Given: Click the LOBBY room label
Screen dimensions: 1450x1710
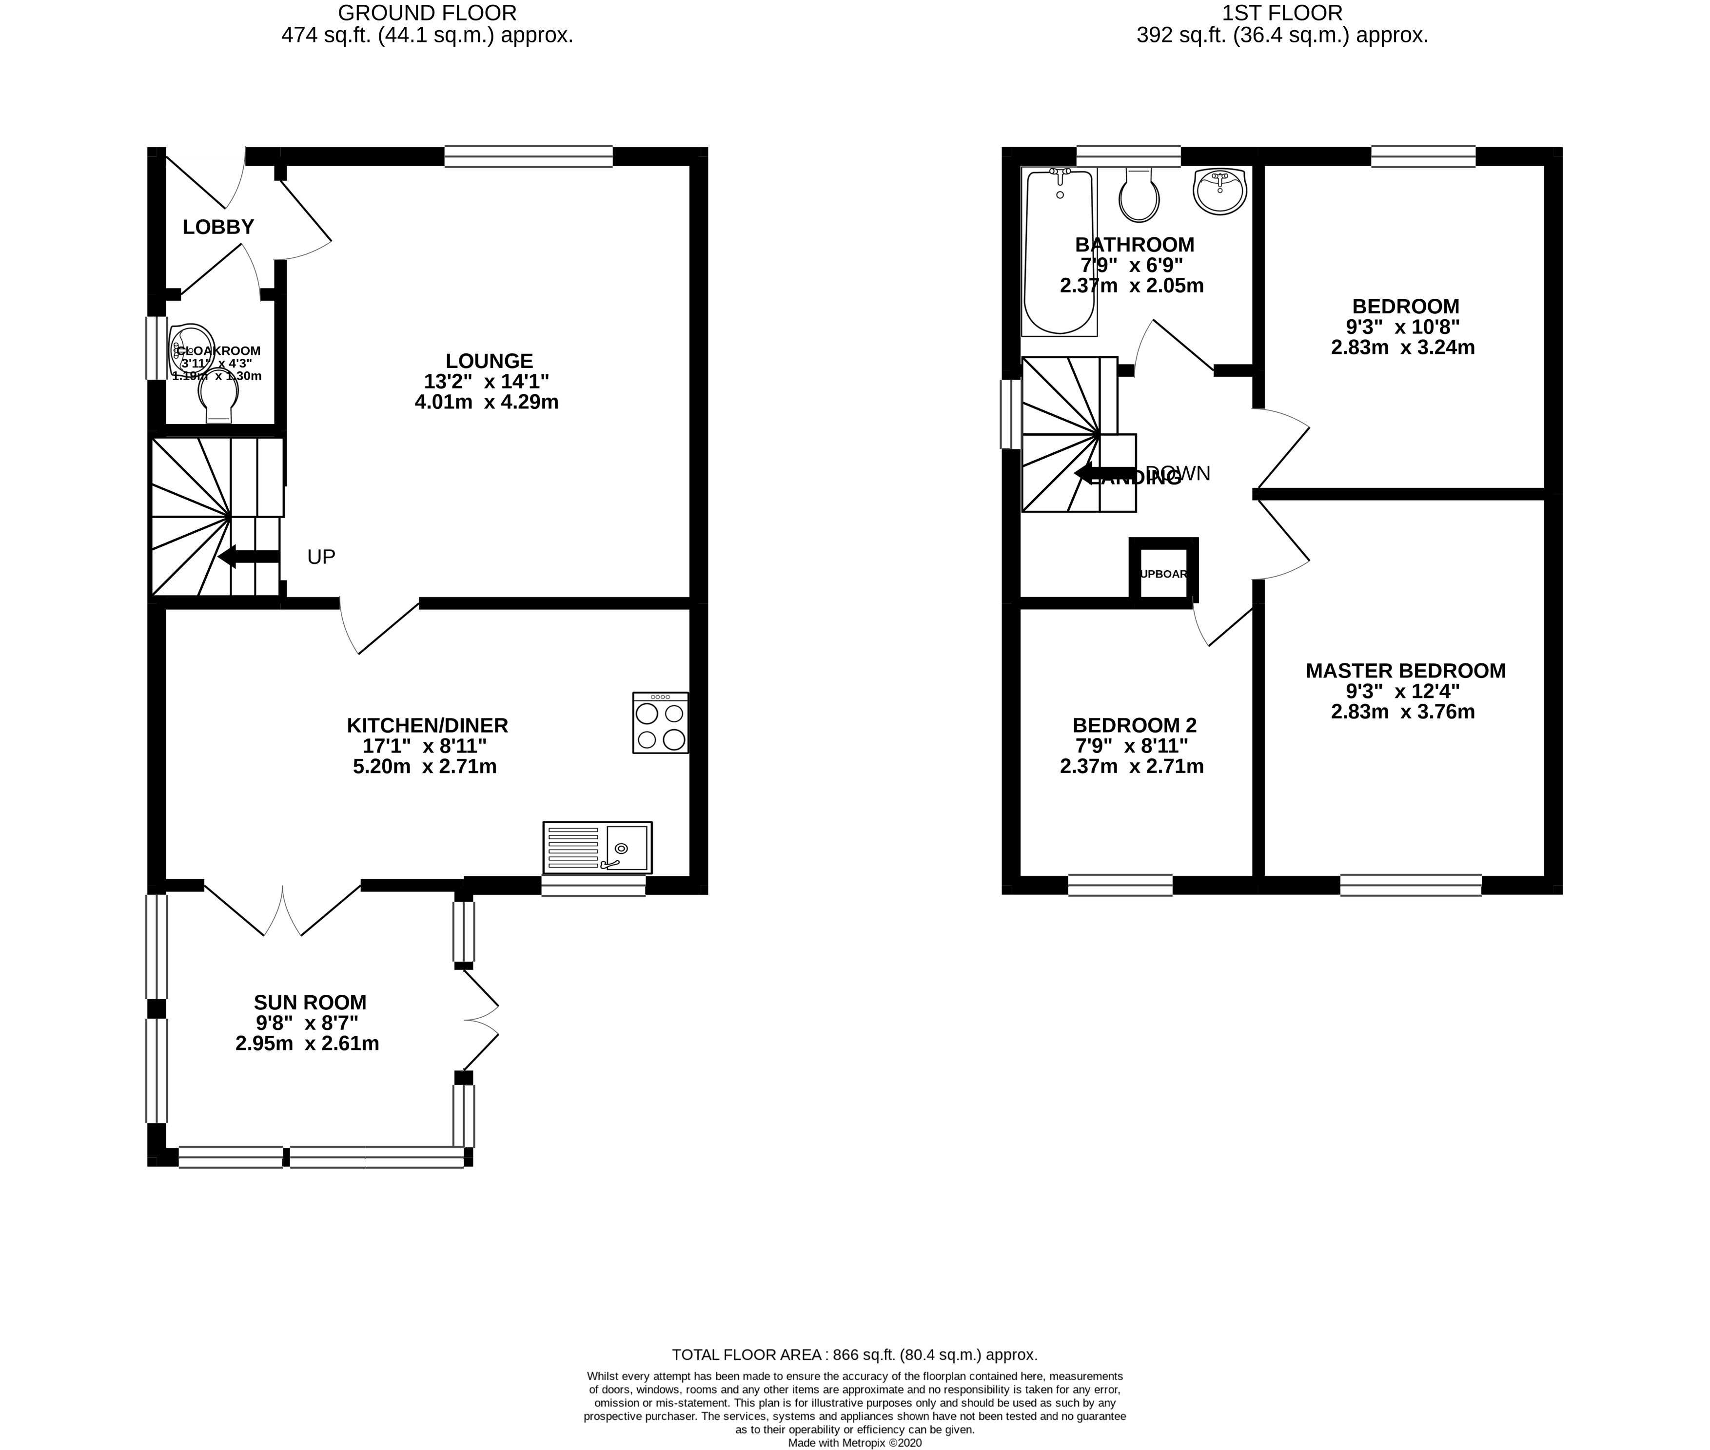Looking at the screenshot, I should (218, 227).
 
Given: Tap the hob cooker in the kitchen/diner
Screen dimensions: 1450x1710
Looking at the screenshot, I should (659, 722).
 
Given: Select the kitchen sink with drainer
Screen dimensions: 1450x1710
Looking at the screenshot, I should (597, 848).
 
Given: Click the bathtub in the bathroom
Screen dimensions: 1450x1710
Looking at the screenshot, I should (1059, 252).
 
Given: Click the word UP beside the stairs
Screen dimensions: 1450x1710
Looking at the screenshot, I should (321, 557).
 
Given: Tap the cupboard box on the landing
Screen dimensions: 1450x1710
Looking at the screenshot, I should (1163, 573).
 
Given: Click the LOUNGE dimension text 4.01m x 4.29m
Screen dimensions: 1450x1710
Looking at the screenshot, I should (487, 403).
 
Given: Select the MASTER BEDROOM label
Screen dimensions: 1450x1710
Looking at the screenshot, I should (1405, 671).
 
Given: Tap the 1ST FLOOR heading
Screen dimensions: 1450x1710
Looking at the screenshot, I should (1282, 13).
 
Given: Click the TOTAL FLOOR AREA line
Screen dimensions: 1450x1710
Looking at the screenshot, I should (854, 1354).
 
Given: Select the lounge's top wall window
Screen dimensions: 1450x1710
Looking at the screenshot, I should (529, 156).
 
